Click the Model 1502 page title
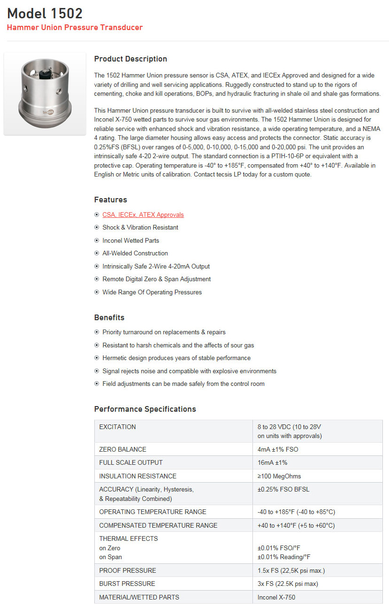click(45, 13)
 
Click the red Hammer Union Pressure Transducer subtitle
click(75, 27)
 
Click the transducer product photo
click(45, 93)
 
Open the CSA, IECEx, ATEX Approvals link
click(143, 215)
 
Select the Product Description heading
click(130, 59)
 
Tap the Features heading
click(110, 200)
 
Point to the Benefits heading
click(109, 317)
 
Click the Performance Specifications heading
click(145, 409)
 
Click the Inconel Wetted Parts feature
click(130, 240)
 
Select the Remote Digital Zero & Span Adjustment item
click(156, 279)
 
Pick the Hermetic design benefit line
click(170, 358)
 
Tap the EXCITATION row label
click(117, 427)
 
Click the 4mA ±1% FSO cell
click(278, 449)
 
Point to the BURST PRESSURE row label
click(127, 584)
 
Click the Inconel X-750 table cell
click(276, 597)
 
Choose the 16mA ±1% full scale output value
click(272, 462)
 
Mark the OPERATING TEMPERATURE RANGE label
click(153, 512)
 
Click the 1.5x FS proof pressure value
click(291, 570)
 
